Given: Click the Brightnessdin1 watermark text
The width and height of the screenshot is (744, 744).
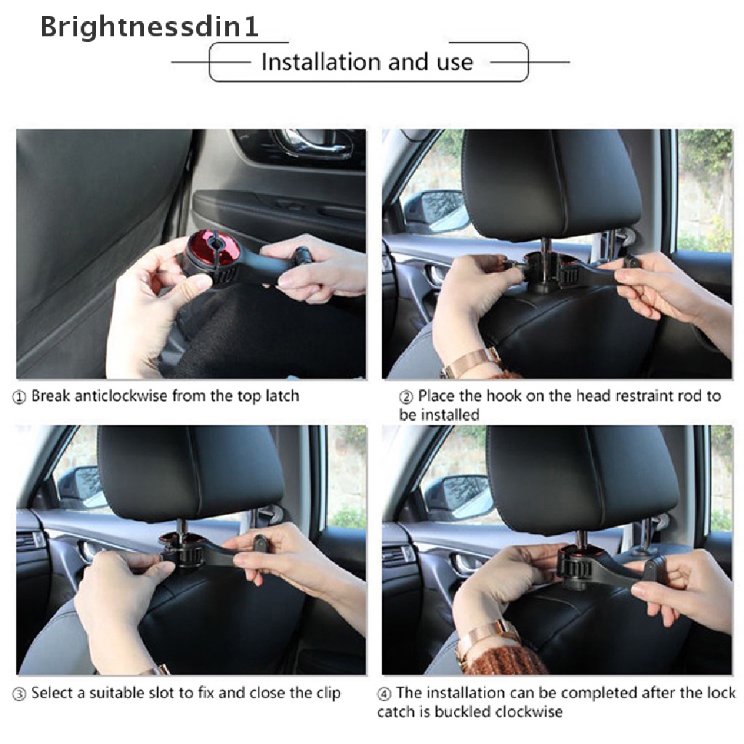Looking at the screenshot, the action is pyautogui.click(x=150, y=27).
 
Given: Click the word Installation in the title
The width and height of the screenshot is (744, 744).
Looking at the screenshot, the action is pyautogui.click(x=321, y=62).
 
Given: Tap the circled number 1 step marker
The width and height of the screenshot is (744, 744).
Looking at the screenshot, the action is pyautogui.click(x=19, y=397).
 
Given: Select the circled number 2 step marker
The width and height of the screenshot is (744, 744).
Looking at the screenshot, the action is pyautogui.click(x=405, y=397).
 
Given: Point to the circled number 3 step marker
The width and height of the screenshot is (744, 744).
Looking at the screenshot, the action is pyautogui.click(x=19, y=695).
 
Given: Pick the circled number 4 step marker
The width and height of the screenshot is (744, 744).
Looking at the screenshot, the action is pyautogui.click(x=384, y=695).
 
